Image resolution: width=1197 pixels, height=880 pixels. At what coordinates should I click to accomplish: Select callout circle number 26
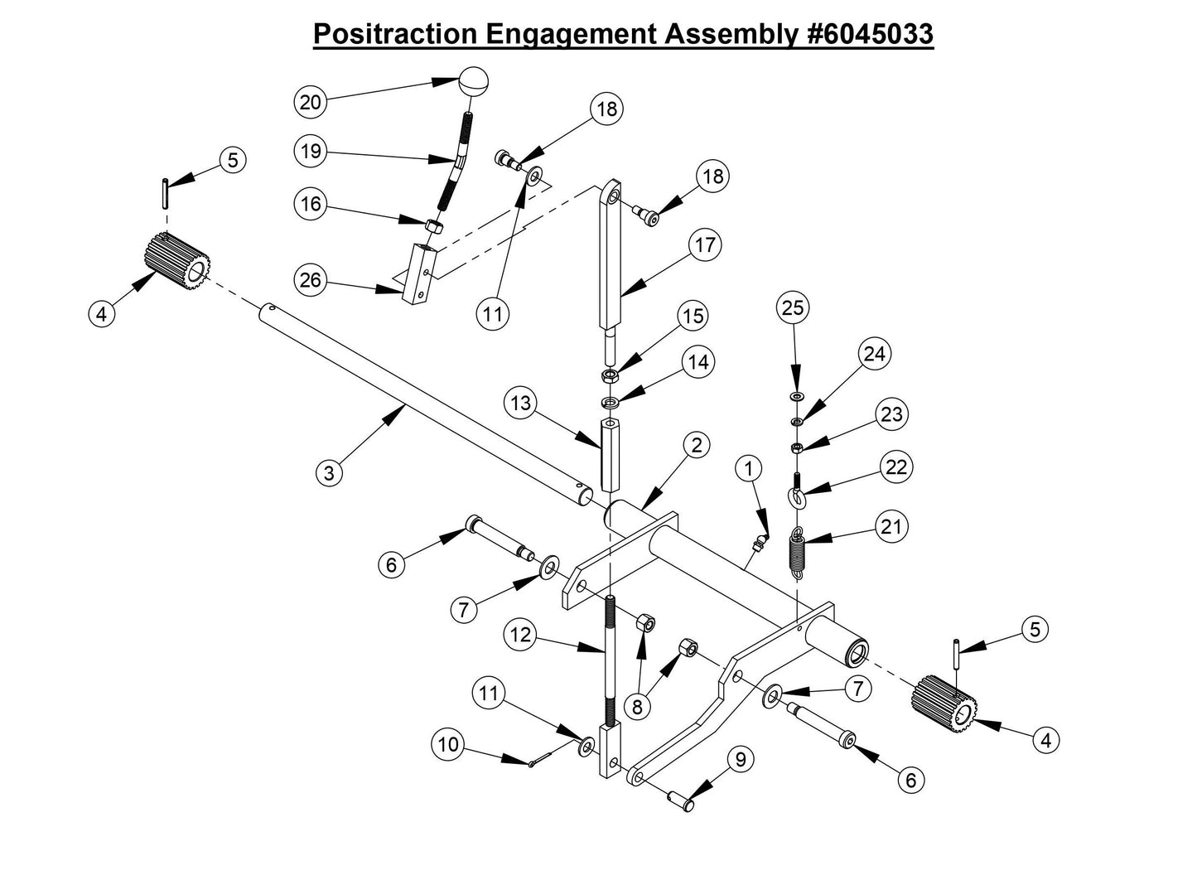(x=311, y=280)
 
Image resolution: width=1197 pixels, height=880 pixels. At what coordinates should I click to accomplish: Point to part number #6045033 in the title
(x=868, y=34)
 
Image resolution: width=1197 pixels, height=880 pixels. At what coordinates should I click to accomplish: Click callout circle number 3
(x=330, y=473)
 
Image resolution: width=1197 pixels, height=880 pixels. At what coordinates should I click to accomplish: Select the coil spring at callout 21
(x=796, y=550)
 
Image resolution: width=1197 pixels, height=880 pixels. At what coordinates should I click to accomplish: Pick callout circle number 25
(x=793, y=307)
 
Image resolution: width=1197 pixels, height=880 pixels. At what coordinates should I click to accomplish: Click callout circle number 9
(x=741, y=757)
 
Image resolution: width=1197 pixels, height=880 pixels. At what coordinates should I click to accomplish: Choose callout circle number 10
(x=447, y=744)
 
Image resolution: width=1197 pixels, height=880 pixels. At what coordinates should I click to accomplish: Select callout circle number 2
(x=697, y=445)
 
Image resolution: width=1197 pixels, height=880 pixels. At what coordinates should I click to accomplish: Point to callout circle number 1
(x=748, y=468)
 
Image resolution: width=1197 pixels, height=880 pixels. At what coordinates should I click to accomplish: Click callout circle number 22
(x=895, y=467)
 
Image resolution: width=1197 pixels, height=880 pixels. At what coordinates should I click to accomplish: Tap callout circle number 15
(x=693, y=316)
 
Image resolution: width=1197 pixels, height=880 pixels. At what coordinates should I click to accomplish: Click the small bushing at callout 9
(x=683, y=801)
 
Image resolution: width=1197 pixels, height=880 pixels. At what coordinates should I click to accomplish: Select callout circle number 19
(x=311, y=151)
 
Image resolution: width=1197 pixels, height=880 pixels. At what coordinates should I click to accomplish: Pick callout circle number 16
(x=311, y=204)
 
